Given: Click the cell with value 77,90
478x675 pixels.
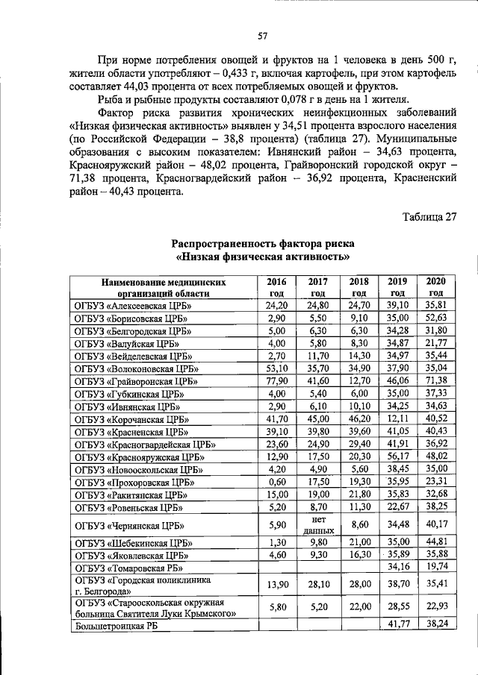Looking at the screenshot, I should (x=277, y=380).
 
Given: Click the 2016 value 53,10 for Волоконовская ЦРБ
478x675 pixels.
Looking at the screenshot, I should (x=277, y=368).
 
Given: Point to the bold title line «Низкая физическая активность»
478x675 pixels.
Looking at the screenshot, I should (x=263, y=257).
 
